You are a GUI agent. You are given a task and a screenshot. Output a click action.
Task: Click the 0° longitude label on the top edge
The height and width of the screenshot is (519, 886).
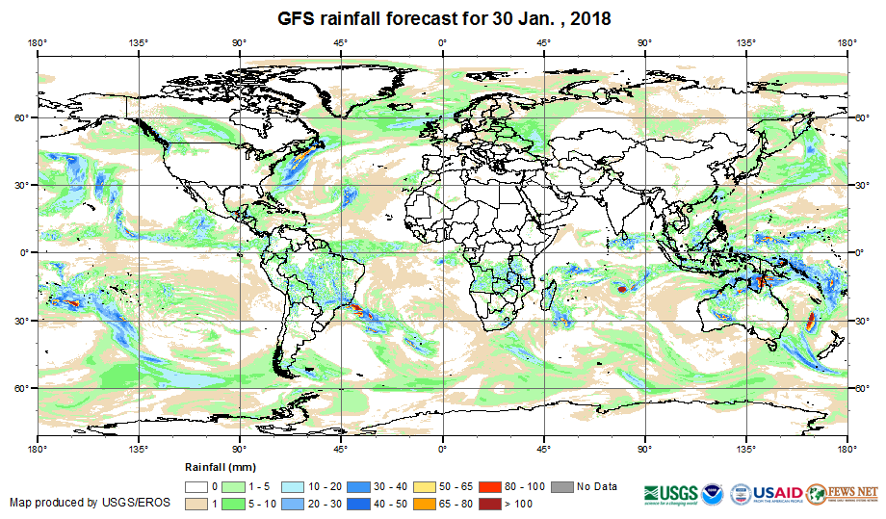coord(442,42)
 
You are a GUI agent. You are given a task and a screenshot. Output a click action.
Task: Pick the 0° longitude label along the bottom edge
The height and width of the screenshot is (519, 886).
coord(442,449)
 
